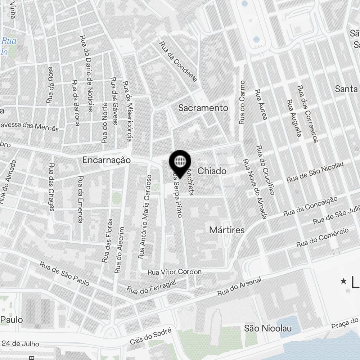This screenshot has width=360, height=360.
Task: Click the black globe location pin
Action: coord(180,162)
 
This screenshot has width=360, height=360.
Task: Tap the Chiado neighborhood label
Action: coord(212,171)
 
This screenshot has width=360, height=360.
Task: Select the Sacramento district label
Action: coord(203,108)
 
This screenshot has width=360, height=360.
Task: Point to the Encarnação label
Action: coord(106,160)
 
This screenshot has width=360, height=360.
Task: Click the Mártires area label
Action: coord(227,230)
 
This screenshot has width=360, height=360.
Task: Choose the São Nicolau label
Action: coord(267,328)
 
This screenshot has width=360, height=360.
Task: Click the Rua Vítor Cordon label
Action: coord(175,272)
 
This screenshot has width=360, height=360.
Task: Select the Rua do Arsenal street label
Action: coord(239,287)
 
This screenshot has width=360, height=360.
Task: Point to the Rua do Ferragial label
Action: coord(151,287)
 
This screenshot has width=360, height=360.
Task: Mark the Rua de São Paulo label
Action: coord(65,274)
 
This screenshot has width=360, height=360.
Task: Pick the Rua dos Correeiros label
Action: coord(308,114)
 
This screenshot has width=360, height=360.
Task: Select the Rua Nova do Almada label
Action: coord(255,189)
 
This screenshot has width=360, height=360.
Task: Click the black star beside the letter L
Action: coord(344,281)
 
